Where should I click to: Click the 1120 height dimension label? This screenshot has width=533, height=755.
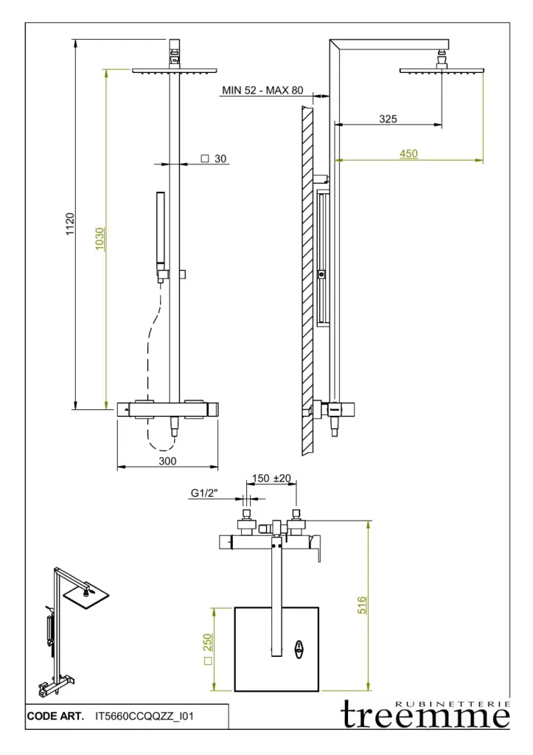coord(70,224)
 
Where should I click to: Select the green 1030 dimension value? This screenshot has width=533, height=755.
coord(100,239)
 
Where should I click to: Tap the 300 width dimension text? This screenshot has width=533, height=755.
coord(167,461)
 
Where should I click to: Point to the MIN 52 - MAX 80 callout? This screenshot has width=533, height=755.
coord(262,90)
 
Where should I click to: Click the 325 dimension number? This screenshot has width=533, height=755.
coord(388,119)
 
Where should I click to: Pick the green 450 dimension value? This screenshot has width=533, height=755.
coord(408,153)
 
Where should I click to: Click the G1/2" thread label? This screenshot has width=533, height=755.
coord(205,493)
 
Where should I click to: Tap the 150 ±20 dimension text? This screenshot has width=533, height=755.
coord(271,478)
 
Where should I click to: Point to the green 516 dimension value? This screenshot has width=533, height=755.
coord(362,605)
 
